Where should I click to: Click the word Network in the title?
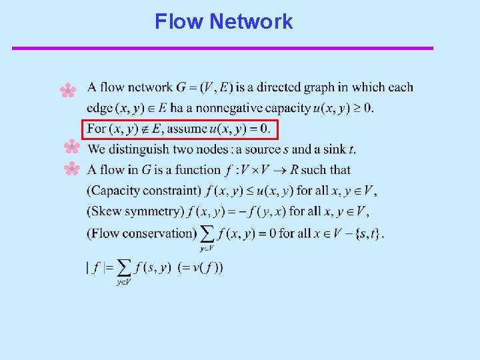pos(251,21)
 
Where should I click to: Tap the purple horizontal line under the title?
pos(223,48)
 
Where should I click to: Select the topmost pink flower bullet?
pos(68,90)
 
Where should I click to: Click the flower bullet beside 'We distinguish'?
pos(71,147)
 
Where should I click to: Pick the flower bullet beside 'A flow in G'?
pos(71,169)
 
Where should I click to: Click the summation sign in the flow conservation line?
pos(207,233)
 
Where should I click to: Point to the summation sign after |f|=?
pos(123,268)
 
